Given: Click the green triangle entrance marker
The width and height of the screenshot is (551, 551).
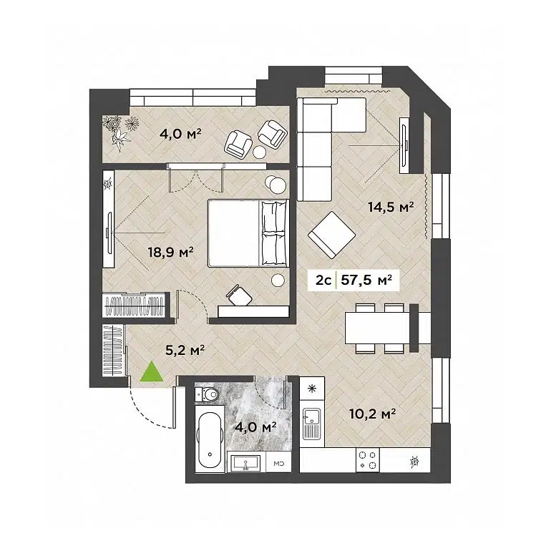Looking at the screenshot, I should [x=150, y=372].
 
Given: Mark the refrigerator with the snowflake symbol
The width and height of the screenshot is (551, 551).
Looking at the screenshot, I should [x=311, y=390].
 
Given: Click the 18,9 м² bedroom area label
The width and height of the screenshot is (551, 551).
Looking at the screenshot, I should [x=169, y=251].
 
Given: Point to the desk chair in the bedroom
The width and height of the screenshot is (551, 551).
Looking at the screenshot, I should [x=238, y=294].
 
